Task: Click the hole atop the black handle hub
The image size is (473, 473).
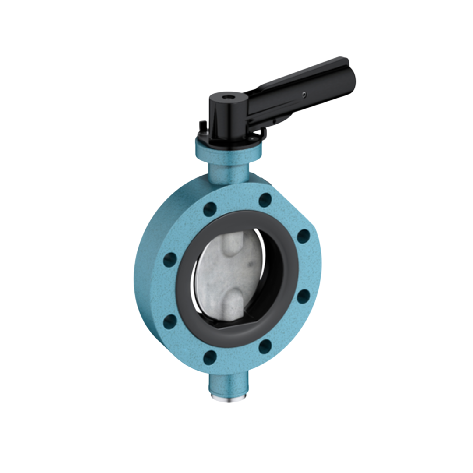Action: [228, 95]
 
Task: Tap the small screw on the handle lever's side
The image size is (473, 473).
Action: [304, 93]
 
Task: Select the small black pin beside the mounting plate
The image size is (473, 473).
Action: [201, 125]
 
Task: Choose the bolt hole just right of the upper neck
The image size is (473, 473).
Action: [265, 200]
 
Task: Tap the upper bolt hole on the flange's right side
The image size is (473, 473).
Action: [303, 236]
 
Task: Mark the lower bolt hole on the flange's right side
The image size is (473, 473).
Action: [303, 297]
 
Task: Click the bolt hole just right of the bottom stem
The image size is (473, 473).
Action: [265, 346]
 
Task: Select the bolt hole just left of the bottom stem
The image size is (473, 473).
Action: [210, 357]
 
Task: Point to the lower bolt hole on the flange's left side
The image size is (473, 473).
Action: [170, 321]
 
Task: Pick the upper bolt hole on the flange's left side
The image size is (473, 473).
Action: [170, 260]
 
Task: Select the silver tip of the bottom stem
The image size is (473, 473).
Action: [227, 398]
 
